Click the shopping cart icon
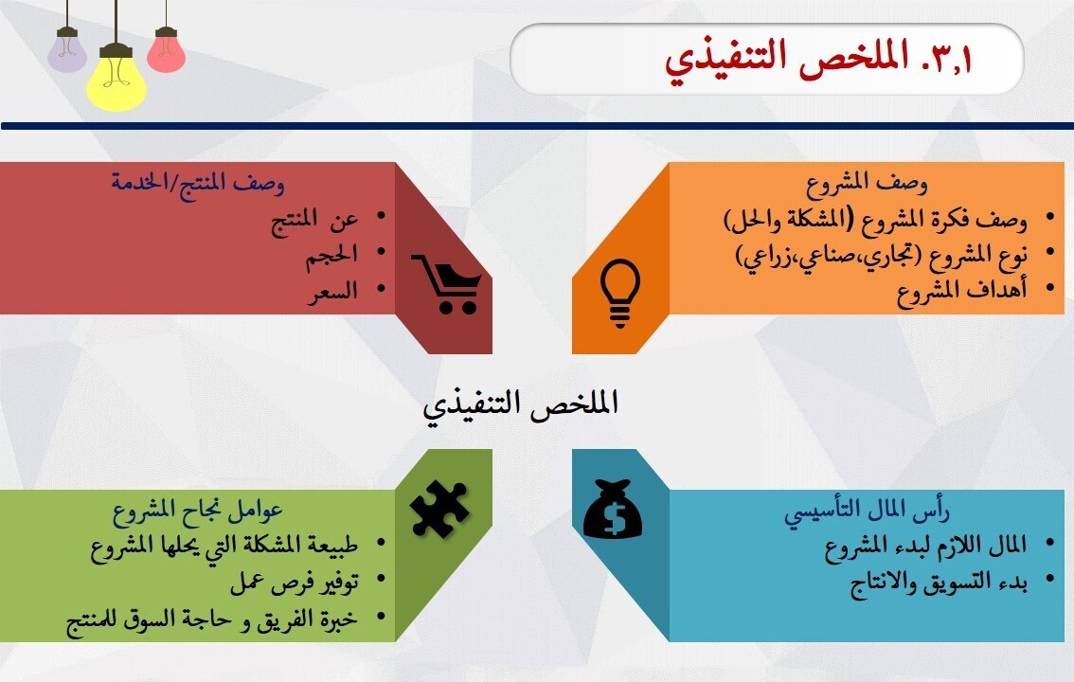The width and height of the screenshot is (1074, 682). coord(445,283)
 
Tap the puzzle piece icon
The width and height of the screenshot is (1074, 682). coord(439,510)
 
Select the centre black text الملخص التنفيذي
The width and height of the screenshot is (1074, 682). coord(520,404)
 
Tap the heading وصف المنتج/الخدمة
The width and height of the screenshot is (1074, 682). coord(198,181)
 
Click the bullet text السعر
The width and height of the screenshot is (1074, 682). coord(337,291)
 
